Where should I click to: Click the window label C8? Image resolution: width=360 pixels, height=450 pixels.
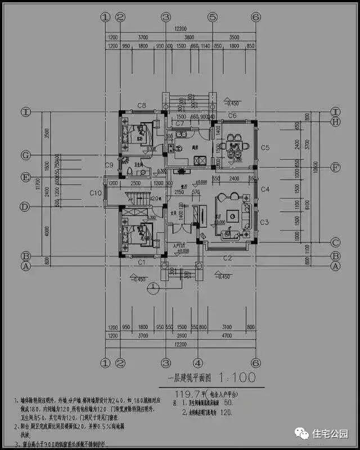click(x=142, y=105)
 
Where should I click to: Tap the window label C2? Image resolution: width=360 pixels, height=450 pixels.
click(x=227, y=258)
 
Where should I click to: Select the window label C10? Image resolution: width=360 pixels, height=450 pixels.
click(x=96, y=193)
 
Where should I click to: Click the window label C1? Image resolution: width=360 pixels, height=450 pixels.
click(x=142, y=262)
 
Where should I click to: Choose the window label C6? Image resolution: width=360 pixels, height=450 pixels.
click(x=232, y=116)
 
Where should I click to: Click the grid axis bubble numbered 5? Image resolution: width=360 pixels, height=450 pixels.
click(x=213, y=17)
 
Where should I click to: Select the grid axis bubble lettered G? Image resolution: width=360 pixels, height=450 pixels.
click(x=25, y=154)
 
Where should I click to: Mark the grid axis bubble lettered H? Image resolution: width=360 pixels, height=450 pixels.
click(x=336, y=121)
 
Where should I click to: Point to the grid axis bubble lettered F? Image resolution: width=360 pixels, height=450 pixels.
click(x=336, y=167)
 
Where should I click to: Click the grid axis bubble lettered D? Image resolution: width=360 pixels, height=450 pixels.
click(x=25, y=206)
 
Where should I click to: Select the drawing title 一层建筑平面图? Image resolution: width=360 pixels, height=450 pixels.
click(x=188, y=377)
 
